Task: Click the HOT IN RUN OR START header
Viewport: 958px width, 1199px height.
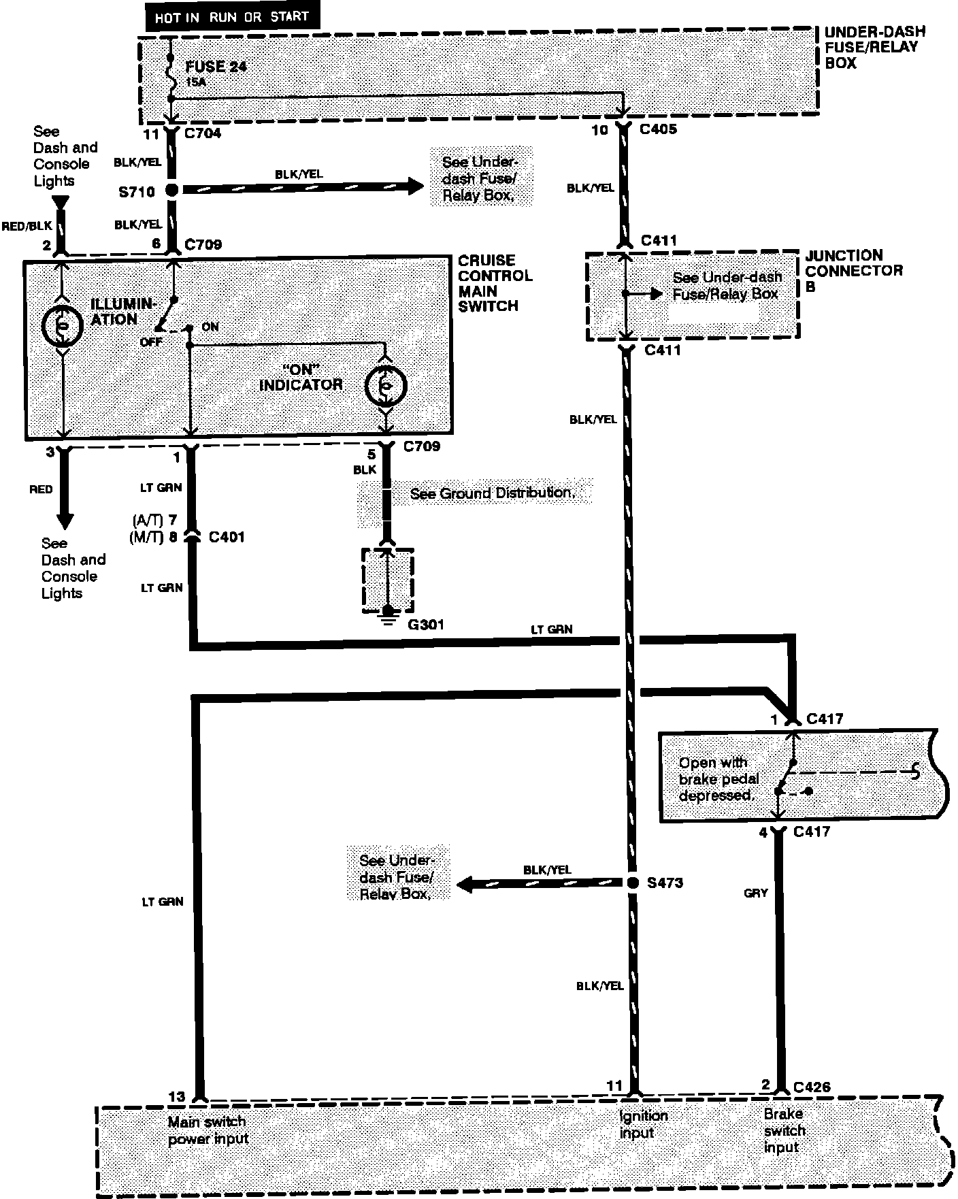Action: pyautogui.click(x=231, y=18)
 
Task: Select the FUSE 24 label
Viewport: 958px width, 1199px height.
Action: pyautogui.click(x=216, y=67)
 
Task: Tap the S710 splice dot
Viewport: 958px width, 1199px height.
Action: pyautogui.click(x=171, y=191)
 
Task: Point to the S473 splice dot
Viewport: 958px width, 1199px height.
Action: pyautogui.click(x=632, y=883)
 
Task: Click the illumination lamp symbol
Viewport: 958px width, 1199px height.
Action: pyautogui.click(x=63, y=327)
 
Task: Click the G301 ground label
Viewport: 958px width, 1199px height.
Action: pyautogui.click(x=426, y=624)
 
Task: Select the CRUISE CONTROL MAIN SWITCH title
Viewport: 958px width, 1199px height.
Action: pyautogui.click(x=495, y=283)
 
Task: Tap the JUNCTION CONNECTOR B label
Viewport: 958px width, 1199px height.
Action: pyautogui.click(x=853, y=271)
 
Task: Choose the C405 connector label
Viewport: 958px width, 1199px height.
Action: pyautogui.click(x=658, y=129)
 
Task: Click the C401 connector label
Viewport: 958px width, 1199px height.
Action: pyautogui.click(x=227, y=537)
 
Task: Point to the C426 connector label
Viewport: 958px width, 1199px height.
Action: pyautogui.click(x=811, y=1087)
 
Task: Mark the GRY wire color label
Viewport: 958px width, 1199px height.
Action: pyautogui.click(x=756, y=893)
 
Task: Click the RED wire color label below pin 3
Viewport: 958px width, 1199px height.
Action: pyautogui.click(x=41, y=489)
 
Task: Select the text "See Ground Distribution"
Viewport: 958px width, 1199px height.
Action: pyautogui.click(x=492, y=493)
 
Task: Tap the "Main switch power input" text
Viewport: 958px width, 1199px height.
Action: pyautogui.click(x=208, y=1130)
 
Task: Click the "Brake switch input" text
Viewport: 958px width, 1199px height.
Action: pyautogui.click(x=784, y=1130)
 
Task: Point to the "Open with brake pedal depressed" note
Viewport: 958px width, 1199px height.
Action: pyautogui.click(x=718, y=779)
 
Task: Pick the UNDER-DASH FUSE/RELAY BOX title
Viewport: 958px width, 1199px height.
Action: pyautogui.click(x=874, y=48)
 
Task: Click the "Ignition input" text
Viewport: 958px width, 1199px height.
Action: pyautogui.click(x=643, y=1124)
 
